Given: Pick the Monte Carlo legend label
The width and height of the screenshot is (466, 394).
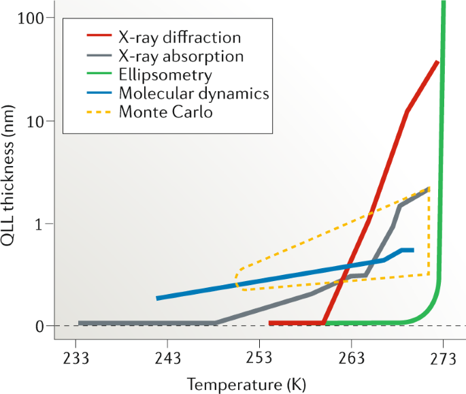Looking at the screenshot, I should pos(165,111).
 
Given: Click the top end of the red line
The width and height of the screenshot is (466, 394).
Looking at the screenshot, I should pos(437,62).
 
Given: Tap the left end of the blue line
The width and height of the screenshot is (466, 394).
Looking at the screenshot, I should pos(157,298).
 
